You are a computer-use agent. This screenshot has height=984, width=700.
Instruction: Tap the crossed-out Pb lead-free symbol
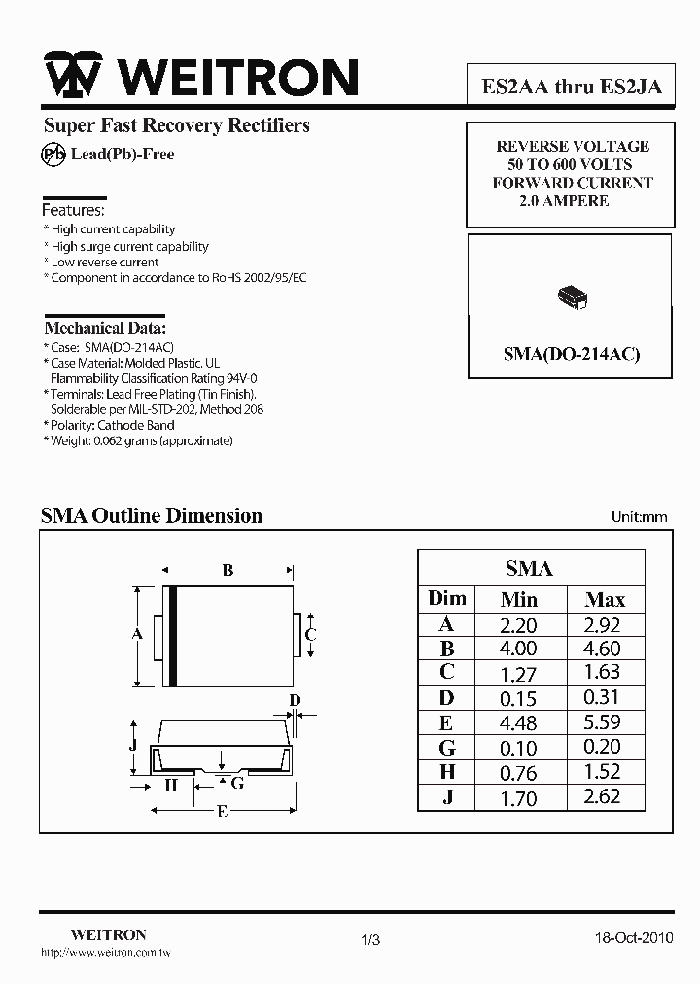(52, 154)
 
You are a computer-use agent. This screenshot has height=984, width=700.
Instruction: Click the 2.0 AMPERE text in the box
(564, 201)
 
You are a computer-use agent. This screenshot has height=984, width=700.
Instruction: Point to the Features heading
(73, 210)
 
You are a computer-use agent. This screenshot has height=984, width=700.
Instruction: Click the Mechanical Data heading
(105, 328)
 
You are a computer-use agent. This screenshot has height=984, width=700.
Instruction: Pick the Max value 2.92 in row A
(603, 625)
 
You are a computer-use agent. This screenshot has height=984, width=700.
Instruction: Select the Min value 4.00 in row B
(517, 649)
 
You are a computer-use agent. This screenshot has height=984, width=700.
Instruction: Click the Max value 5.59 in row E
(603, 722)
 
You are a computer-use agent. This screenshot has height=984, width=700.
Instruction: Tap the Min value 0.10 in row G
(517, 748)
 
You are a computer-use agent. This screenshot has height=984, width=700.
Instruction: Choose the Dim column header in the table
(447, 598)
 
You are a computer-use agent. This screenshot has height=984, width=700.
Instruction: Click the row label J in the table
(447, 796)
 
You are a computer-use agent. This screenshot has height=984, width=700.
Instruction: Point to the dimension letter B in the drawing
(227, 570)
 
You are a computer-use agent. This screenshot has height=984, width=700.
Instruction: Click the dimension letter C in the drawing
(311, 635)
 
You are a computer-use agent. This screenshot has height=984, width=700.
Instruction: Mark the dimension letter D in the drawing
(296, 701)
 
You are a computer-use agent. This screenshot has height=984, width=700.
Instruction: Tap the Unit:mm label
(639, 517)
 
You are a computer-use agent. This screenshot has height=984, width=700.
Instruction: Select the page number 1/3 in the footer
(370, 939)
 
